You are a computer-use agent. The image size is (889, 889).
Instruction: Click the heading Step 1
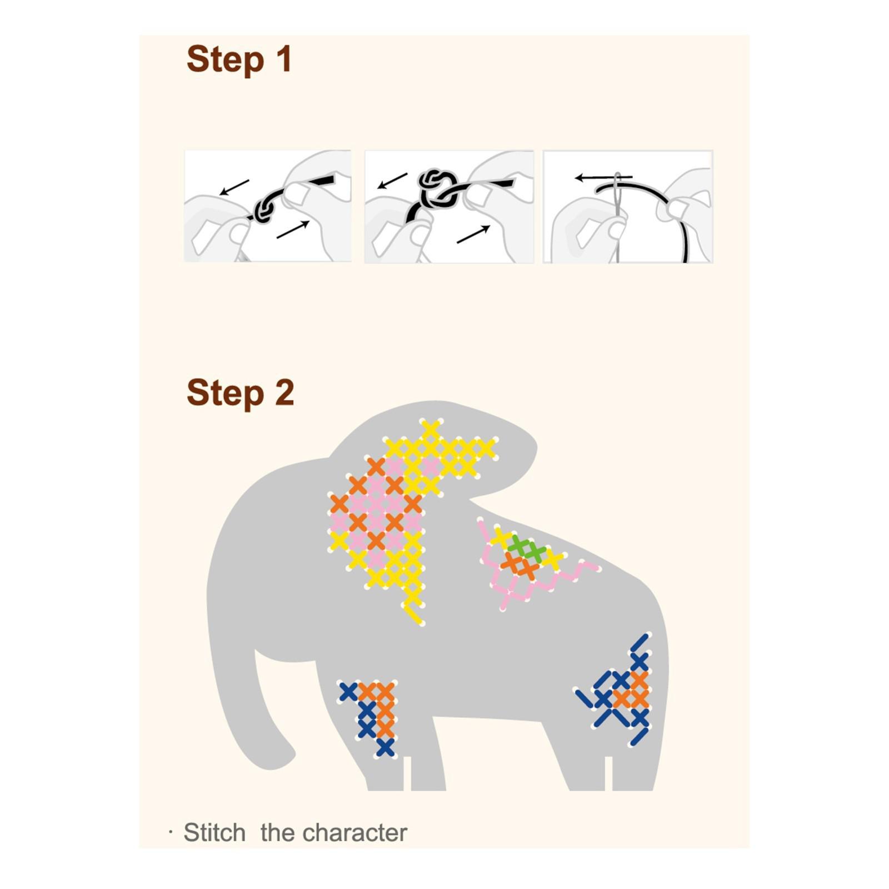pos(239,59)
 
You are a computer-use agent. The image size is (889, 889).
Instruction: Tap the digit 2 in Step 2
pos(284,393)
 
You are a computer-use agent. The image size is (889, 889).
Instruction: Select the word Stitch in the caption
pos(214,833)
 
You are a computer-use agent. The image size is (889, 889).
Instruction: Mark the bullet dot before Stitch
pos(171,832)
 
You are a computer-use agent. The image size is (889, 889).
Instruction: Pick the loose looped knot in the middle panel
pos(437,186)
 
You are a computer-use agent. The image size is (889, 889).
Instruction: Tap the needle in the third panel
pos(617,217)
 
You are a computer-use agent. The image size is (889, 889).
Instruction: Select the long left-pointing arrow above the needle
pos(603,178)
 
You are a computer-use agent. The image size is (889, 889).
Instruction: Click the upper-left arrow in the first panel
pos(234,187)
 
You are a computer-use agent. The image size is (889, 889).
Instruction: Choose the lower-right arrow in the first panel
pos(293,229)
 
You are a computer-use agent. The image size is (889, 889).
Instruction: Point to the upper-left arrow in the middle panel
pos(393,180)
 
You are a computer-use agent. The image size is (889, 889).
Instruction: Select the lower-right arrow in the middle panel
pos(473,234)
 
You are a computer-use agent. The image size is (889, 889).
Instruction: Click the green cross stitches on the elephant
pos(526,549)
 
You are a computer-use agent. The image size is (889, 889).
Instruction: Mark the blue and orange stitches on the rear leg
pos(617,690)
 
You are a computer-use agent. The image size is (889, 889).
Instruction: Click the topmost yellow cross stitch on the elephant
pos(431,429)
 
